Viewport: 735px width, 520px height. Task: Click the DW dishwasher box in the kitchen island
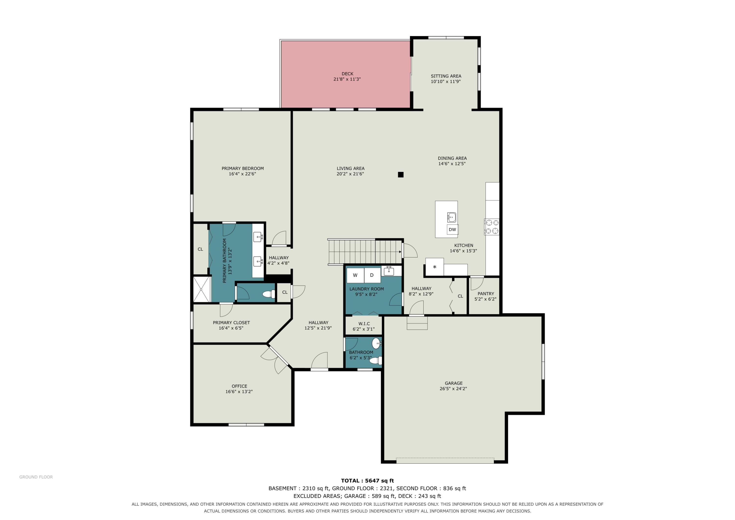tap(452, 229)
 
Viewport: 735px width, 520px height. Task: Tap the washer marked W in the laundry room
tap(355, 275)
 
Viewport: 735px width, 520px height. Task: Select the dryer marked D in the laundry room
tap(372, 275)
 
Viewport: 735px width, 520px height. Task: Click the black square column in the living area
tap(401, 175)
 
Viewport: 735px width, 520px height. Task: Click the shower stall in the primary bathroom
tap(202, 289)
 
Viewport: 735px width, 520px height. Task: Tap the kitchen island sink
tap(452, 217)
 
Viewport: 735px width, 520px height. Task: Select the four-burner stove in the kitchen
tap(492, 227)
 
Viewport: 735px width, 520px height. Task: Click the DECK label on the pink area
tap(347, 74)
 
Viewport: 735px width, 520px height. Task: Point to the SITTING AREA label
tap(446, 76)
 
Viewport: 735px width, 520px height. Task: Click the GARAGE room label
tap(453, 383)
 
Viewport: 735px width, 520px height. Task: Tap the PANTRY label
tap(486, 293)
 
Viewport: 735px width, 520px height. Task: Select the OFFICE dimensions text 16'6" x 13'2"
tap(239, 392)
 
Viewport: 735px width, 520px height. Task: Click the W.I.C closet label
tap(364, 324)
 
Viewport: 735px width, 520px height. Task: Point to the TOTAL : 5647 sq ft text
tap(367, 481)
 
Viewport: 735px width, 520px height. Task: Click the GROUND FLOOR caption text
tap(36, 477)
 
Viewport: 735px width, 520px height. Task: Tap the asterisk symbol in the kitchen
tap(435, 267)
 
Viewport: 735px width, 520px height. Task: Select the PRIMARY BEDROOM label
tap(243, 168)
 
